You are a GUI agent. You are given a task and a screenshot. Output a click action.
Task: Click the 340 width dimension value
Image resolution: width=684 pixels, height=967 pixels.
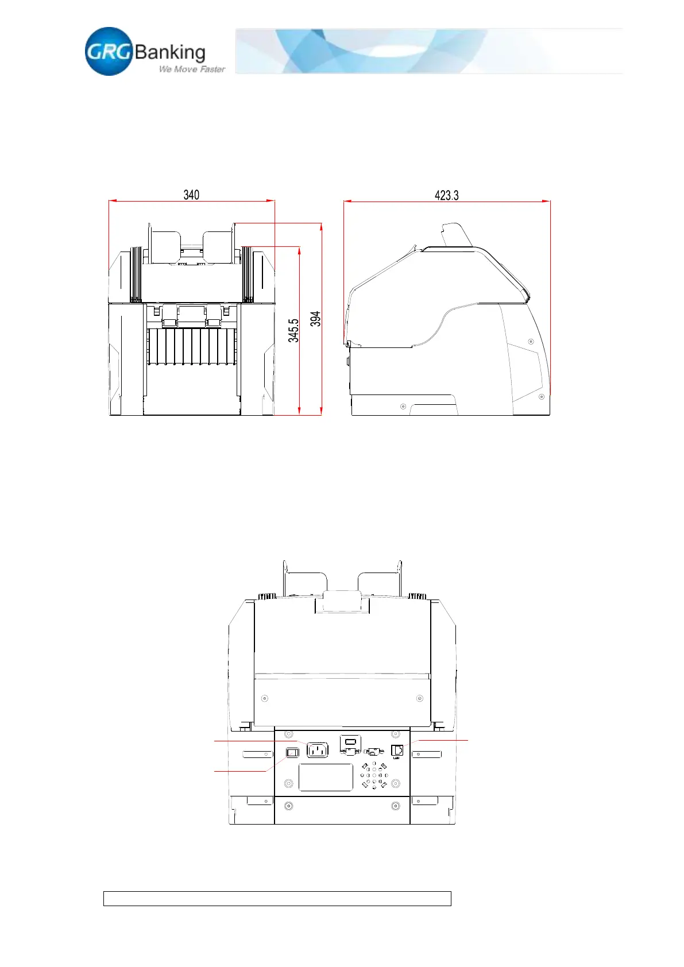[x=191, y=195]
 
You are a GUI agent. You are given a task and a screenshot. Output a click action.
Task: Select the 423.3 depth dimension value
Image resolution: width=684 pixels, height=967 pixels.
[x=446, y=196]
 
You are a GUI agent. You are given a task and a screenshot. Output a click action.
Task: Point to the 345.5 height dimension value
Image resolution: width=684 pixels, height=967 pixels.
[x=293, y=331]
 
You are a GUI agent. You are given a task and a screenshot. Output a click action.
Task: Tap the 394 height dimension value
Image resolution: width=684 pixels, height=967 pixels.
[x=316, y=319]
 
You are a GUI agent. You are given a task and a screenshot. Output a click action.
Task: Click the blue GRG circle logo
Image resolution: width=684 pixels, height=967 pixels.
[x=109, y=51]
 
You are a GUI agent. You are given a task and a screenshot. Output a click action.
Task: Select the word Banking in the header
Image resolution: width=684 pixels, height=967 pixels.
[x=169, y=52]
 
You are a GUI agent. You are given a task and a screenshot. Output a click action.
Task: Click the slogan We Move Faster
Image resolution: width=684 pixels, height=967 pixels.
[x=192, y=69]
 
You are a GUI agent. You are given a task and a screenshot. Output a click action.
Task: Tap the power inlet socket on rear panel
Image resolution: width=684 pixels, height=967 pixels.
[x=318, y=751]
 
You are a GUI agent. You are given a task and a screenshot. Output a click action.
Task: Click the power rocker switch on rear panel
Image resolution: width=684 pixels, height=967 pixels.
[x=293, y=753]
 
